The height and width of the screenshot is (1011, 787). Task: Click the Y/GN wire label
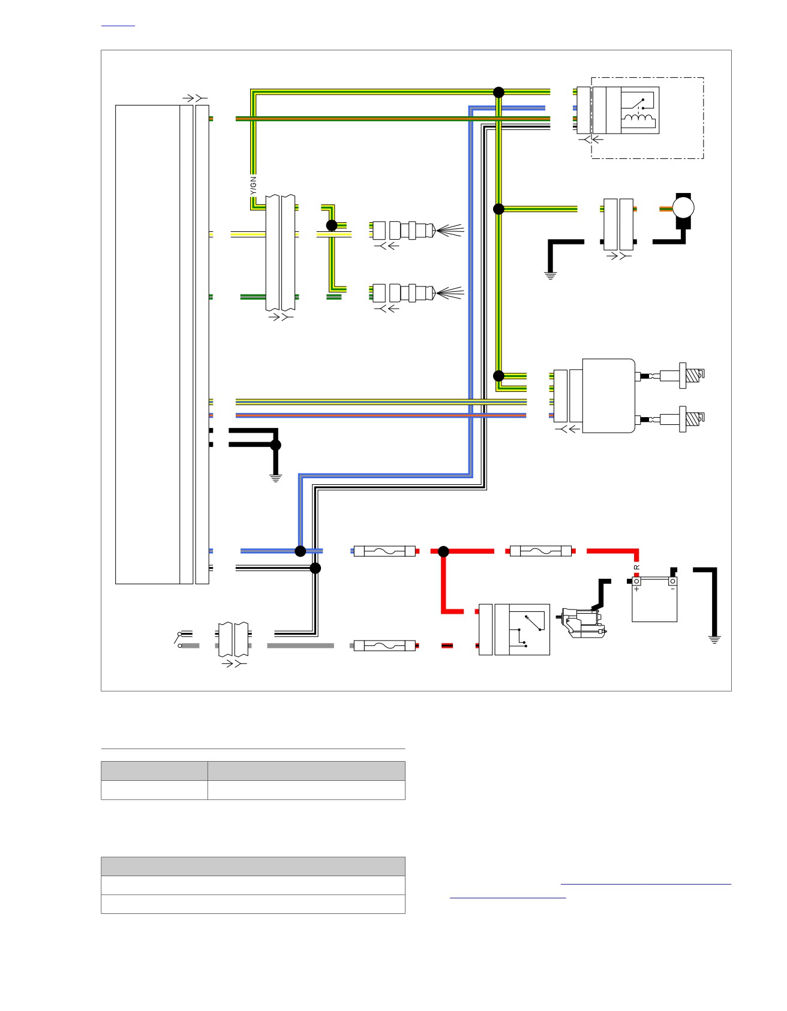[x=253, y=185]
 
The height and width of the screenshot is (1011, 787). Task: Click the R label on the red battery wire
[x=637, y=567]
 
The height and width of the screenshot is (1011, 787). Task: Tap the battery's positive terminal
[x=636, y=581]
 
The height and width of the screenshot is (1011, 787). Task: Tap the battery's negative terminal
[x=673, y=581]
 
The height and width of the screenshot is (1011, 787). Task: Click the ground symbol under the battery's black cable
[x=714, y=639]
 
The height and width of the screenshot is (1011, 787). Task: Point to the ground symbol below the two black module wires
[x=275, y=478]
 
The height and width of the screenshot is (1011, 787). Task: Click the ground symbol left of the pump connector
[x=550, y=276]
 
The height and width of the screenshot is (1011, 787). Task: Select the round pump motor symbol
[x=683, y=209]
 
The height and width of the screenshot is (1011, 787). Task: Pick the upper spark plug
[x=690, y=375]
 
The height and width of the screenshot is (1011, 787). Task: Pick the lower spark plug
[x=690, y=419]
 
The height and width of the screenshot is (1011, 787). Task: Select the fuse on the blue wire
[x=385, y=551]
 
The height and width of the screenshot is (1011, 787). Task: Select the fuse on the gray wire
[x=385, y=645]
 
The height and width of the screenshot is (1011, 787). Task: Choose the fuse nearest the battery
[x=540, y=551]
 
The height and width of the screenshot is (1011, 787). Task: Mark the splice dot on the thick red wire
[x=443, y=551]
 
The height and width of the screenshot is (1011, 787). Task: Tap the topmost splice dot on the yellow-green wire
[x=498, y=92]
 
